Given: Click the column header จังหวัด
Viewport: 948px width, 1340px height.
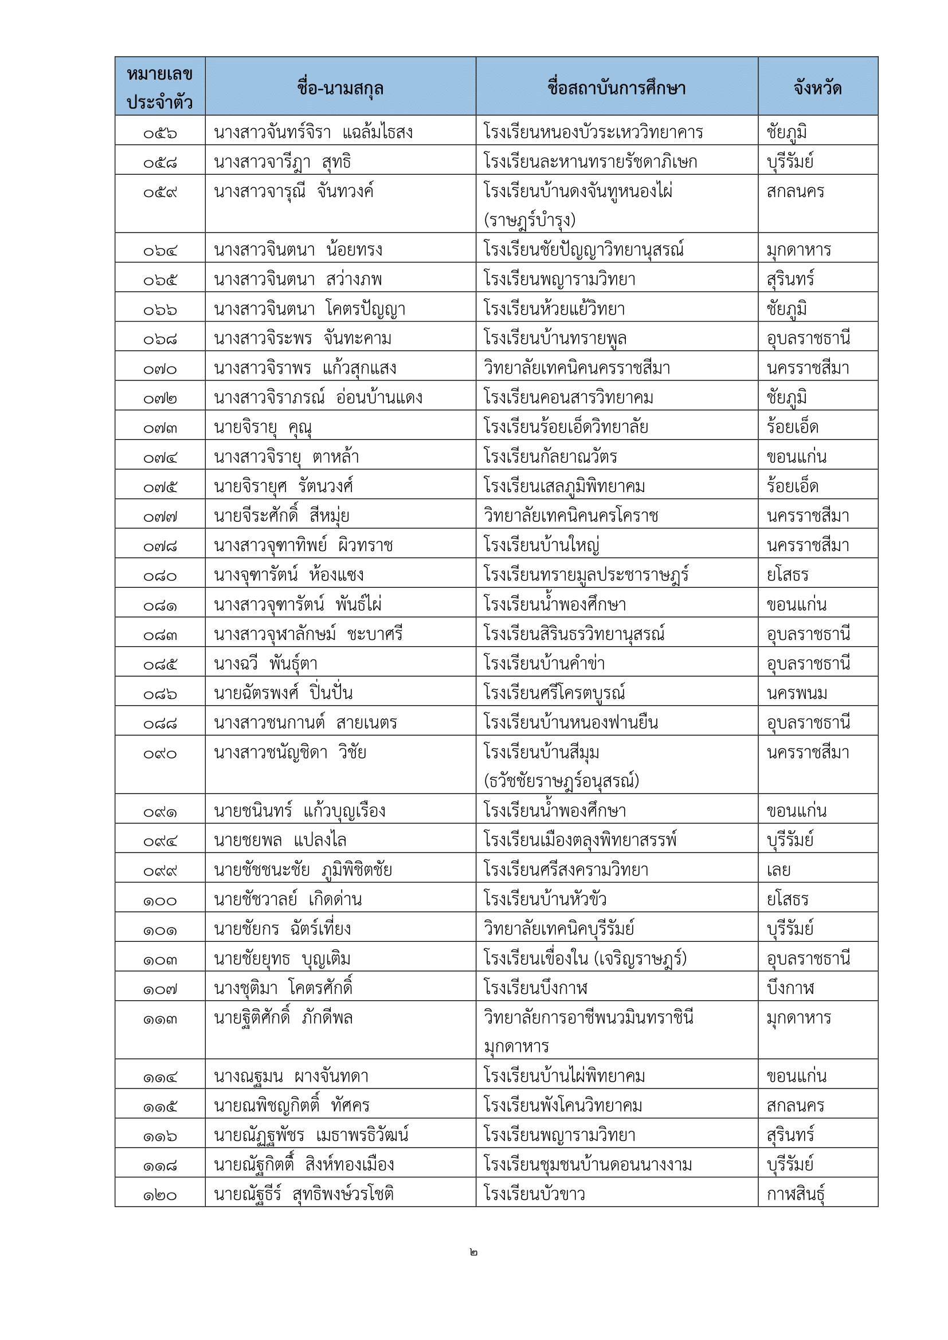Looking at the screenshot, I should coord(817,88).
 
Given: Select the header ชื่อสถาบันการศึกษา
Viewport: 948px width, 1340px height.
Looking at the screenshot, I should coord(617,88).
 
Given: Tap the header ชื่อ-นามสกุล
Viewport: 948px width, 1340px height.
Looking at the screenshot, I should coord(340,88).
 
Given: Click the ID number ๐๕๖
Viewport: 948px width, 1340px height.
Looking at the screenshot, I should coord(160,133).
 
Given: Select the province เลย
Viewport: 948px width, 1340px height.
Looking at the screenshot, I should coord(779,870).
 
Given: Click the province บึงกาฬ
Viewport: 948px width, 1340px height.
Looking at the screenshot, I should coord(790,988).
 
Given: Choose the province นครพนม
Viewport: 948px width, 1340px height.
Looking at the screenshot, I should coord(797,693).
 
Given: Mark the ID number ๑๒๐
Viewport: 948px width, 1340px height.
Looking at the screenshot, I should coord(160,1194).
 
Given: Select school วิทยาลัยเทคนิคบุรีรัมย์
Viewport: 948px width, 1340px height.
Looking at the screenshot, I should coord(559,929).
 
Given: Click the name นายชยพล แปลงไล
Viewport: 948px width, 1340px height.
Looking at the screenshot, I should coord(280,840).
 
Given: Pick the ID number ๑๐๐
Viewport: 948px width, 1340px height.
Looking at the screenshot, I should coord(160,900).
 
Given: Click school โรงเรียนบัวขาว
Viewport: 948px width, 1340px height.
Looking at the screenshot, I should coord(534,1194).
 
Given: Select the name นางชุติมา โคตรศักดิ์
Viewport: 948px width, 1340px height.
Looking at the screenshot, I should coord(284,988).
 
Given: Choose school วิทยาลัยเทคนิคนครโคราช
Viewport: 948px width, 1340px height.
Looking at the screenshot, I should coord(571,516).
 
